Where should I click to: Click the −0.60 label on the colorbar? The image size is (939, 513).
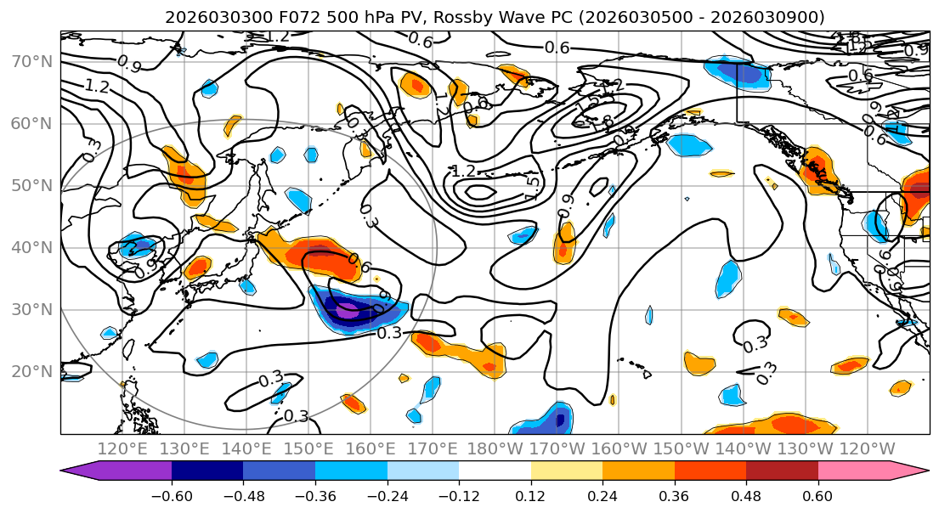(x=172, y=494)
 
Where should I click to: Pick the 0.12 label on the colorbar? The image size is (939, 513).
(x=531, y=494)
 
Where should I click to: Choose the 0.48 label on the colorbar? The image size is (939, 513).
(x=746, y=494)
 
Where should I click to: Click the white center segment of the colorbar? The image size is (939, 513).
(x=495, y=471)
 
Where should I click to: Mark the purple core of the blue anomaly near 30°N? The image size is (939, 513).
(x=348, y=311)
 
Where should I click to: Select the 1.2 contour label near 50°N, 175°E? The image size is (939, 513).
(x=463, y=171)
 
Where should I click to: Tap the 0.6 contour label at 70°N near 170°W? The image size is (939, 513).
(x=557, y=48)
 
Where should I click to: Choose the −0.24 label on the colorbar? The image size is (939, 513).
(x=387, y=494)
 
